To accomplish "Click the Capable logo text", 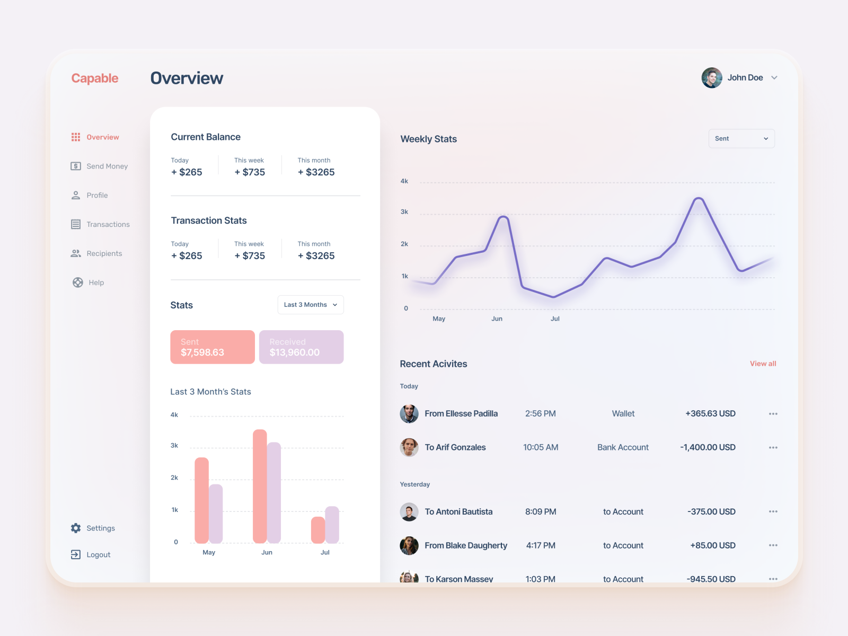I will coord(95,78).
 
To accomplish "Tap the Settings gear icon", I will coord(76,528).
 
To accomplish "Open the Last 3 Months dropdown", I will coord(311,305).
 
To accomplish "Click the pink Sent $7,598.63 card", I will coord(213,347).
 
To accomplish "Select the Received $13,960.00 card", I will coord(301,347).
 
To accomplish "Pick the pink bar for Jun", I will coord(260,487).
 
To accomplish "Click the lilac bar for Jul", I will coord(332,525).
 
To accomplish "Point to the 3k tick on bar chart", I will coord(174,446).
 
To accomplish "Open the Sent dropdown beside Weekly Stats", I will coord(741,139).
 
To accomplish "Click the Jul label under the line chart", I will coord(555,319).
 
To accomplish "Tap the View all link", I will coord(763,364).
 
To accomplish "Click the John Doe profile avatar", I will coord(712,78).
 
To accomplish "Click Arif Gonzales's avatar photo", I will coord(409,447).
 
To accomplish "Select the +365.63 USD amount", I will coord(710,414).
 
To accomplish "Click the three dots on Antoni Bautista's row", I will coord(773,511).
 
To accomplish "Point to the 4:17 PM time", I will coord(541,545).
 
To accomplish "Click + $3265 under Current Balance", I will coord(316,172).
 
